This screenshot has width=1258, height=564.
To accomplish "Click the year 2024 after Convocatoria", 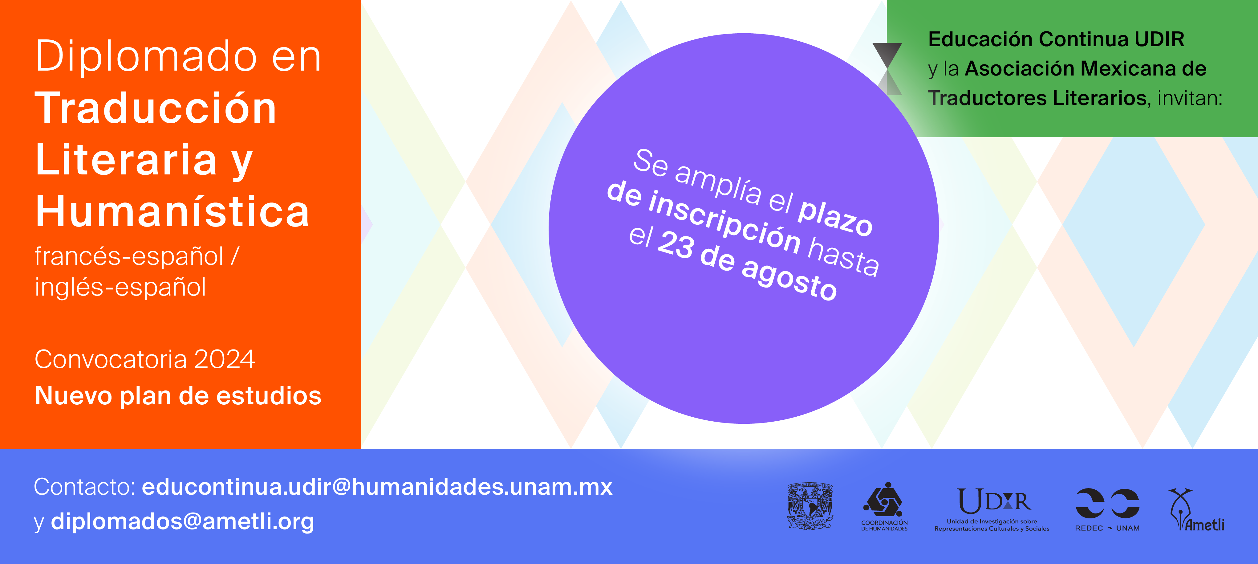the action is pos(225,360).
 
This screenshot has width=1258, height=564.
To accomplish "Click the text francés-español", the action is pos(129,257).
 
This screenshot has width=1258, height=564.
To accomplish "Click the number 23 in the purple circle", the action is pos(676,244).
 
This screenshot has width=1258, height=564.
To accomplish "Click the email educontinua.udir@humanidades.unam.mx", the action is pos(377,487).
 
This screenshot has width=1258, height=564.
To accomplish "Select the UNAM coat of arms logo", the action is pos(810,507).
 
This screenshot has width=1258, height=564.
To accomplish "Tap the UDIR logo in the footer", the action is pos(992,509).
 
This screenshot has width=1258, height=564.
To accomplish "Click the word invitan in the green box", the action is pos(1190,98).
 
